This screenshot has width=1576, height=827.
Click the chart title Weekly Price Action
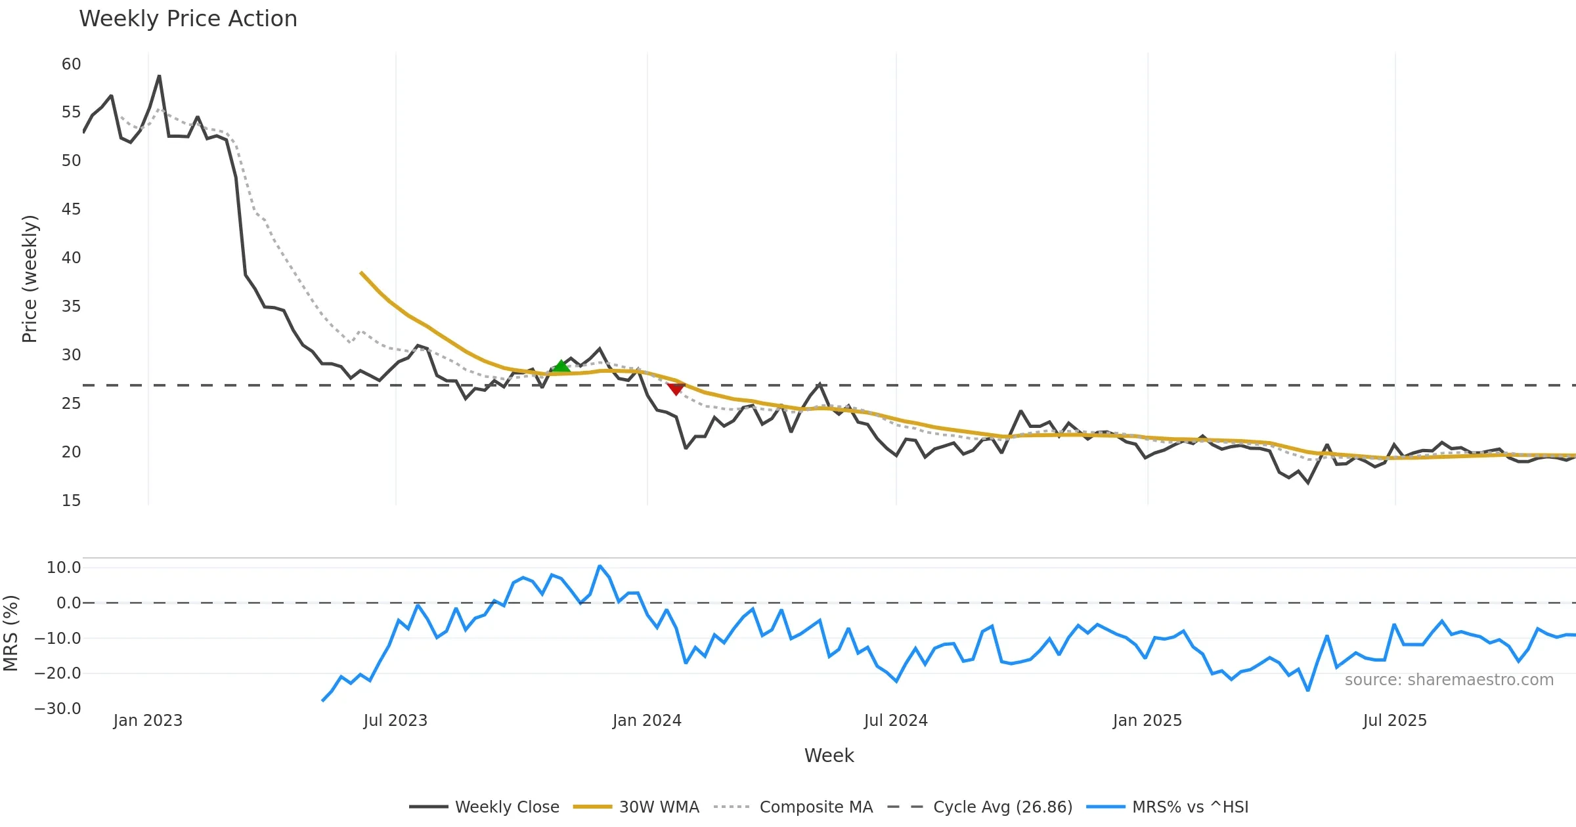[188, 18]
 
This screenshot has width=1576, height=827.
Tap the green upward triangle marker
[561, 366]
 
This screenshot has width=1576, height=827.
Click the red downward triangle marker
[676, 389]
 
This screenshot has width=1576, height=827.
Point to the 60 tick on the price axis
[71, 64]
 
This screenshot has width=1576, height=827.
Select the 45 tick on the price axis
[71, 209]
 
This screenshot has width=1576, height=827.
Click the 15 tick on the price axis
[71, 500]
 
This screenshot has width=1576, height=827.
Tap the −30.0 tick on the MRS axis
[58, 708]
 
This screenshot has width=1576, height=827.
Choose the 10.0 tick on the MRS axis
[63, 567]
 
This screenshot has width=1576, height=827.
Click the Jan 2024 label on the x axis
[647, 720]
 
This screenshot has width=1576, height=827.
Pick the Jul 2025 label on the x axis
[1395, 720]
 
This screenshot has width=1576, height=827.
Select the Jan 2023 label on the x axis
[148, 720]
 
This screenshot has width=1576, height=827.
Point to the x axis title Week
[829, 755]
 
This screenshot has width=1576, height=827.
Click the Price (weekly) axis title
[30, 278]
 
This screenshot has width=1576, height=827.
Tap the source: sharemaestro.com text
[1449, 679]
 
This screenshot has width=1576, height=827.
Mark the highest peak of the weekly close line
[159, 76]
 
